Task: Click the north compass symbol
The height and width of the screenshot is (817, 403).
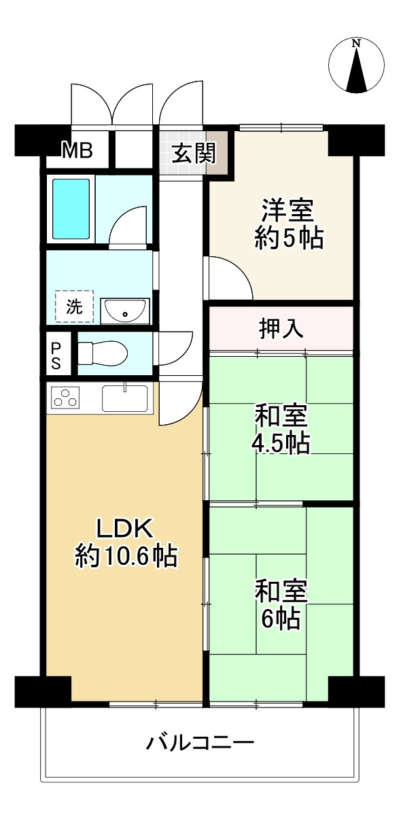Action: [356, 66]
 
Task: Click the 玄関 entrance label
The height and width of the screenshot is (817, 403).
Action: [192, 154]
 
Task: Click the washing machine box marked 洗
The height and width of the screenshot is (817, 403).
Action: [74, 307]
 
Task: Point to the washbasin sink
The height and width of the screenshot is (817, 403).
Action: [125, 311]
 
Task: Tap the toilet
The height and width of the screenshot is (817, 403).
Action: [102, 353]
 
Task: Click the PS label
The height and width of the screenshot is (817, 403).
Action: [56, 354]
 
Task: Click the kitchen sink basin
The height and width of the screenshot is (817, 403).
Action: [125, 398]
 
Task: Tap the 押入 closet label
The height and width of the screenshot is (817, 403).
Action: [281, 328]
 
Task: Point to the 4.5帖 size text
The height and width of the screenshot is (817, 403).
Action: [281, 443]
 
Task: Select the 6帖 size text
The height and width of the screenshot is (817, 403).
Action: [281, 619]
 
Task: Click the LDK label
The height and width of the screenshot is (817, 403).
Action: [126, 528]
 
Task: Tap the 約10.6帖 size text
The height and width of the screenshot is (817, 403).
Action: [126, 557]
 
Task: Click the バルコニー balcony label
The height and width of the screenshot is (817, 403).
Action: [200, 742]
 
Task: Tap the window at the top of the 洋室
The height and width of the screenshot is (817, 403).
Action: [281, 128]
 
